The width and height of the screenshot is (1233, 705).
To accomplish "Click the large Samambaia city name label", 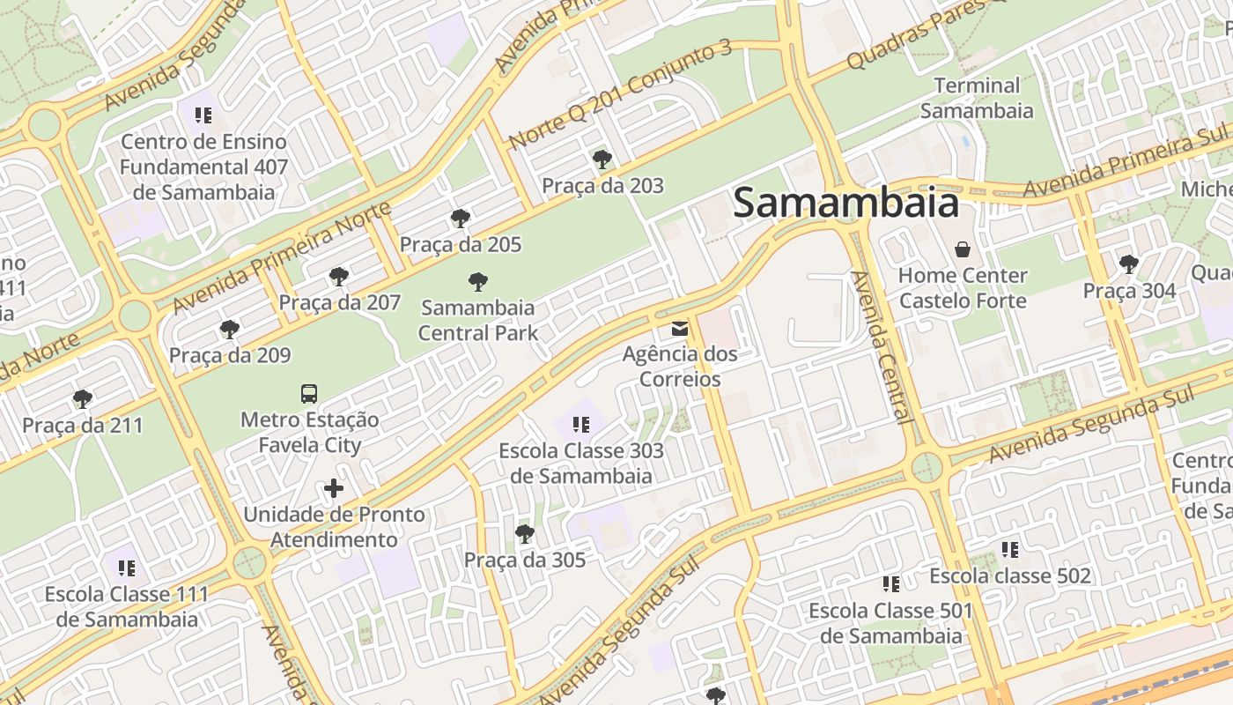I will tap(845, 203).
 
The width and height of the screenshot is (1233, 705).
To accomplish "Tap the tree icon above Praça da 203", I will tap(602, 160).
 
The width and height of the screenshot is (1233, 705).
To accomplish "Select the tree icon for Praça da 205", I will tap(460, 219).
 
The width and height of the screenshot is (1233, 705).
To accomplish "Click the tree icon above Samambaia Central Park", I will tap(478, 282).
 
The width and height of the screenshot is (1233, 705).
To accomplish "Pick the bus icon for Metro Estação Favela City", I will tap(309, 394).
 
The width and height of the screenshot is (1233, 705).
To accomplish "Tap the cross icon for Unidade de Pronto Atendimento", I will tap(334, 487).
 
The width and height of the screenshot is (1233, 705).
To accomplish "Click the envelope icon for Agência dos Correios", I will tap(680, 329).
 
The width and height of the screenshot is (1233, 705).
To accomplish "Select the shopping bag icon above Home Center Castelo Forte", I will tap(963, 249).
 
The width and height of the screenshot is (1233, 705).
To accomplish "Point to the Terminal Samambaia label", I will tap(977, 98).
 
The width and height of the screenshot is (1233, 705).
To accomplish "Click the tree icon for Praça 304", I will tap(1129, 263).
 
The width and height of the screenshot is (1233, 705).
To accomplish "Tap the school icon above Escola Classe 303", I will tap(581, 425).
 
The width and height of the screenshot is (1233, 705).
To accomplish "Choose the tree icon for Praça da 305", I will tap(525, 533).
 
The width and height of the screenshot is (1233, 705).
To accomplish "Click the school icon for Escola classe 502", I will tap(1010, 550).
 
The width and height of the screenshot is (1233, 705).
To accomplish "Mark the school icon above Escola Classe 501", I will tap(891, 584).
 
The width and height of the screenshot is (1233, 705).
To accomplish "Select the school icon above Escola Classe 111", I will tap(127, 568).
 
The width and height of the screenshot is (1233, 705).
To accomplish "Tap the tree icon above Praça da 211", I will tap(83, 399).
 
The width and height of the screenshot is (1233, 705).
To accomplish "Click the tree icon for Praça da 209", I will tap(230, 330).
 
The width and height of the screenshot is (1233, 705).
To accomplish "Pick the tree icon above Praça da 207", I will tap(339, 277).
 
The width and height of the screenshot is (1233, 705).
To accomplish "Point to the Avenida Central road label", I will tap(881, 347).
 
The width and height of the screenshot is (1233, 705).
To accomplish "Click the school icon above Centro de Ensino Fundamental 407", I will tap(203, 115).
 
